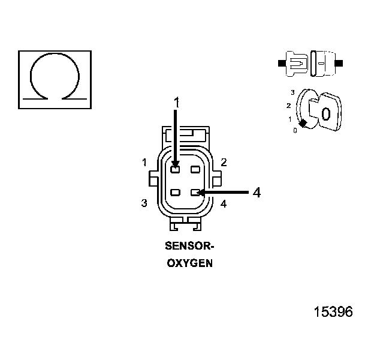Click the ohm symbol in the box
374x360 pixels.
[55, 78]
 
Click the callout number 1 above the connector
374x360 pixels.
[176, 103]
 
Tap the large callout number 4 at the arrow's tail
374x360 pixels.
[256, 193]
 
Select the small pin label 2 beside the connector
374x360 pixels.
[223, 162]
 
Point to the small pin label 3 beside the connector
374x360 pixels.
[144, 203]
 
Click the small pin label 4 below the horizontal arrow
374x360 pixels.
[223, 204]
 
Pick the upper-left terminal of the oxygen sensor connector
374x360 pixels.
[175, 169]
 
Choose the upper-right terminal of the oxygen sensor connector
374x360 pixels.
[195, 169]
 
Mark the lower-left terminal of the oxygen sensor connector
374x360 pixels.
[175, 193]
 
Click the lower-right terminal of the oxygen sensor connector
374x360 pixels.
[195, 193]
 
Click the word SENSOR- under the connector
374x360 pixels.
[189, 246]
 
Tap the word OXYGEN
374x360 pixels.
[189, 263]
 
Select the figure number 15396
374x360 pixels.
[333, 312]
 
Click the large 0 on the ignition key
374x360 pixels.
[325, 114]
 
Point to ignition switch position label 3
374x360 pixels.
[292, 92]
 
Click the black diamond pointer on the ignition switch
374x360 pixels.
[303, 123]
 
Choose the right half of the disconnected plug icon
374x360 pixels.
[324, 62]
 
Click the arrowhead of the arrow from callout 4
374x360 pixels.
[201, 193]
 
